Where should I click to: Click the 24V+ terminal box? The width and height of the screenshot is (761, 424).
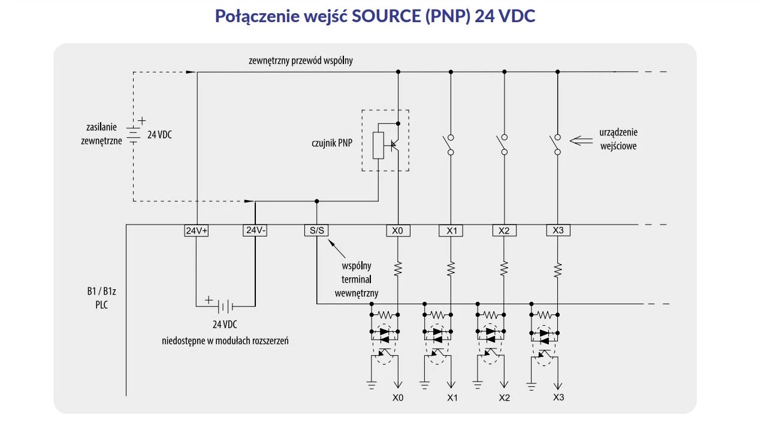(196, 231)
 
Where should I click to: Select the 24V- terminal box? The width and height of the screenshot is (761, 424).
(255, 231)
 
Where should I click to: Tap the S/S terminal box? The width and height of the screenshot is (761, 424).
(316, 231)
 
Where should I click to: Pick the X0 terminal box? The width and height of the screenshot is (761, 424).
(397, 231)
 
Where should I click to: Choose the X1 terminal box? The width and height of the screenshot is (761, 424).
(451, 231)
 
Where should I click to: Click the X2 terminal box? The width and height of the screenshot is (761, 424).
(504, 231)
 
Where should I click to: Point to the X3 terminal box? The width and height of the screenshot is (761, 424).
(558, 231)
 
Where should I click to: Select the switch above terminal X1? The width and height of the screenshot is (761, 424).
(448, 143)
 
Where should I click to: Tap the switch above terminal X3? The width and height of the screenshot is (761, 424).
(555, 143)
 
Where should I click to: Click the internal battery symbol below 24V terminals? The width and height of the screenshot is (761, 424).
(224, 307)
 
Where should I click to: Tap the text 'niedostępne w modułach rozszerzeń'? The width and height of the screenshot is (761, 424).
(225, 341)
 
